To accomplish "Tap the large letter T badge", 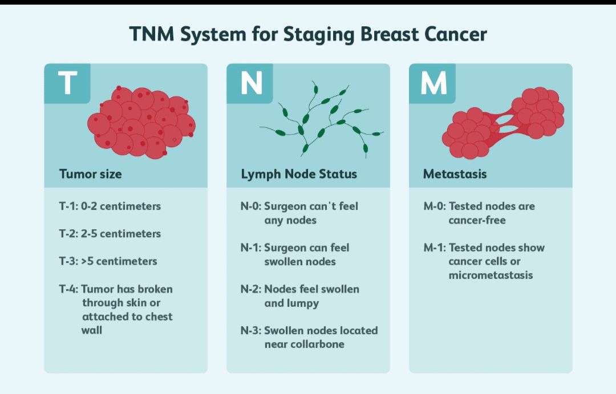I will [67, 83].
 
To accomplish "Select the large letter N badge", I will [250, 83].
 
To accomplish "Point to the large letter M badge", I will [433, 83].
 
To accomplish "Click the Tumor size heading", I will [90, 174].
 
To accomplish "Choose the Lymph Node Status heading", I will [299, 174].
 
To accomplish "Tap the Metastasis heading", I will [455, 174].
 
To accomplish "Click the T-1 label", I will [68, 206].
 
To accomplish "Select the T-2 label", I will [68, 234].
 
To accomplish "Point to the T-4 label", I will [68, 289].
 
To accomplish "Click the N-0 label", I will [250, 206].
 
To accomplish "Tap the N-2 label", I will [250, 289].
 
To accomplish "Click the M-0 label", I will [433, 206].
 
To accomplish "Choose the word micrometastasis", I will [491, 275].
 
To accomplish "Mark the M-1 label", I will [433, 247].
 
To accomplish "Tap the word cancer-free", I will [477, 220].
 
